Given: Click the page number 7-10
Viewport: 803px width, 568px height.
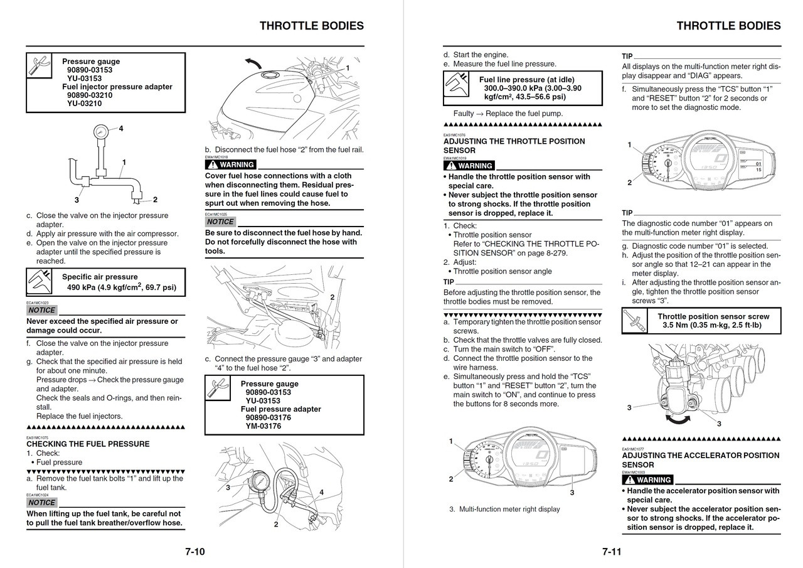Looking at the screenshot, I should point(194,552).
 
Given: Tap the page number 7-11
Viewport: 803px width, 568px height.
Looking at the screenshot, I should point(612,552).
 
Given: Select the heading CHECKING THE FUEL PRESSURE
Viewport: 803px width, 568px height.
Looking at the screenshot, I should point(88,444).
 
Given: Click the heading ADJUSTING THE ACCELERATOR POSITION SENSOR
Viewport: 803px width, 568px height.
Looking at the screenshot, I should point(700,460).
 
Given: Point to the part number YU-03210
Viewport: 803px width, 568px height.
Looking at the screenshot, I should point(84,104).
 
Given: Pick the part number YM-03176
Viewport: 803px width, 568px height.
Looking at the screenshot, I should point(263,426).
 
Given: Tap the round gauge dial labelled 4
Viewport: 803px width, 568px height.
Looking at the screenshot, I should point(100,132).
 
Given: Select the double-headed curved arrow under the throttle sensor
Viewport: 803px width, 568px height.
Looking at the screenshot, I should point(679,421).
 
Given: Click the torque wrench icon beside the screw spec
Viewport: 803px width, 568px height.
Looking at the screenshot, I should point(632,321).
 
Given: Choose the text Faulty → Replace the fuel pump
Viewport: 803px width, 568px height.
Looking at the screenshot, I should point(508,114).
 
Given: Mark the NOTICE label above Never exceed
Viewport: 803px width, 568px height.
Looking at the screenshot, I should point(42,310).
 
